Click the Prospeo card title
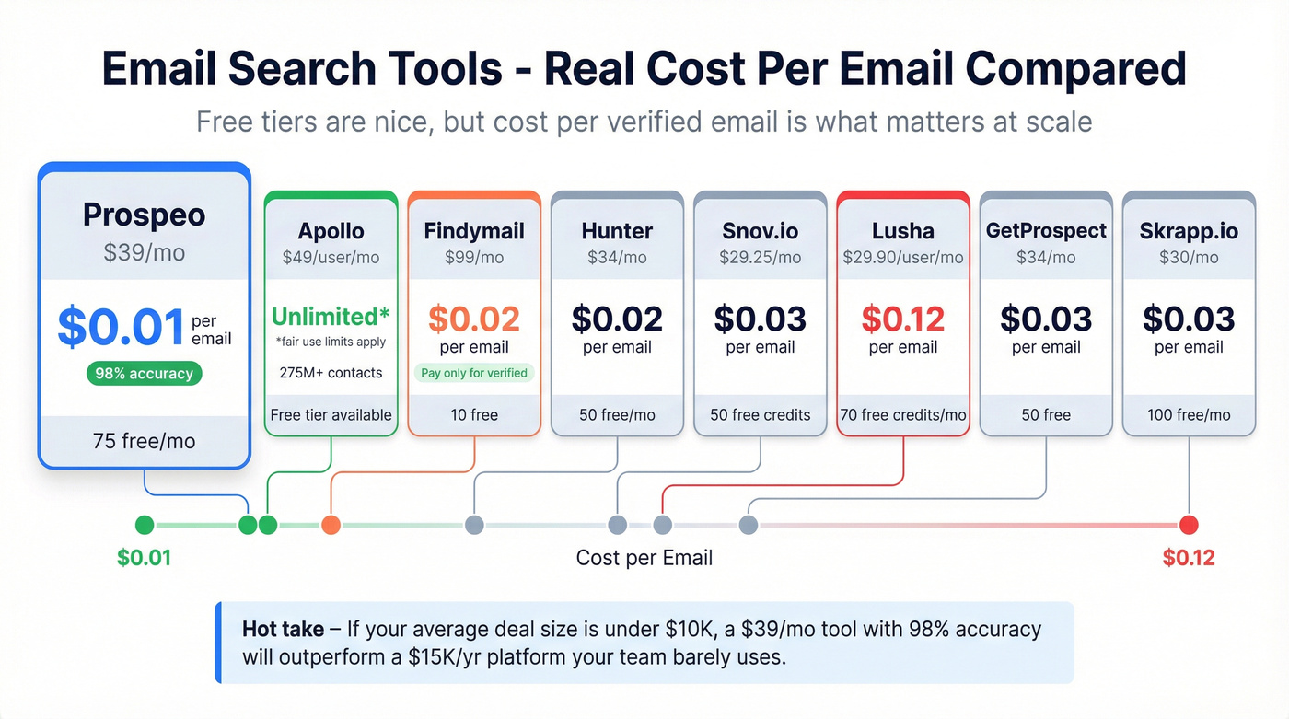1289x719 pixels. pos(144,215)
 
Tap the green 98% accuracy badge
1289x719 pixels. pos(144,374)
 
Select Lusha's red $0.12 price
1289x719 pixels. pos(903,319)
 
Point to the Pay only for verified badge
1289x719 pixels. pos(474,373)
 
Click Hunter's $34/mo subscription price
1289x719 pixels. pos(617,257)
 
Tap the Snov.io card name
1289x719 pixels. pos(761,230)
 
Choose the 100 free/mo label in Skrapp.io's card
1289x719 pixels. pos(1189,414)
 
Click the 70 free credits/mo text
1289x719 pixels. pos(903,414)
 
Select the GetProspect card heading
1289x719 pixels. pos(1046,230)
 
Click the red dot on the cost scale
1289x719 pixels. pos(1189,525)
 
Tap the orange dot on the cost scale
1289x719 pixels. pos(331,525)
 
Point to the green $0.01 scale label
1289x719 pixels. pos(145,557)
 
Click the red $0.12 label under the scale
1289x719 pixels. pos(1189,557)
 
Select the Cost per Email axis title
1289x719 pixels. pos(644,557)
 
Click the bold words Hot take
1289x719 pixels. pos(283,630)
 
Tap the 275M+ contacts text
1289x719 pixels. pos(331,373)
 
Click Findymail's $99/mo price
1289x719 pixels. pos(474,257)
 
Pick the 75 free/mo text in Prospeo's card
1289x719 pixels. pos(144,441)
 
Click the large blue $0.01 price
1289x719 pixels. pos(122,328)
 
